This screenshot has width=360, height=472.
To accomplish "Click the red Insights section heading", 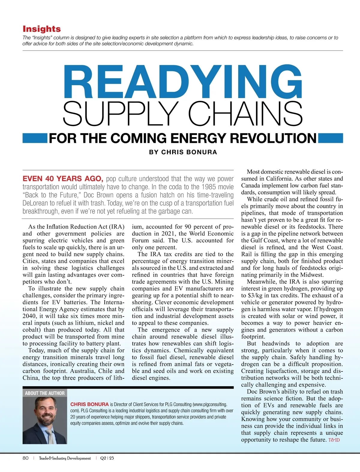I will click(42, 29).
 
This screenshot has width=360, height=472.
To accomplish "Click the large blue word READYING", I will click(182, 82).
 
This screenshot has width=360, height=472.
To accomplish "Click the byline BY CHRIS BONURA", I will click(183, 152).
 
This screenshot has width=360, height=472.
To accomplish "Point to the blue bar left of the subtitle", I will click(34, 138).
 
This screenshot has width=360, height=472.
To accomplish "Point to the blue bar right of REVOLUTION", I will click(330, 138).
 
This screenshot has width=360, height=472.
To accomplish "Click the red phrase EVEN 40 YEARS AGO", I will click(63, 179).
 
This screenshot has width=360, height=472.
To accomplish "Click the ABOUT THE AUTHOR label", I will click(45, 393).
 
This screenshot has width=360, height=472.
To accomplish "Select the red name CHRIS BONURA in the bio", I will click(89, 404).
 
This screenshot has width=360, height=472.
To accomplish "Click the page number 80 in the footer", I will click(25, 458).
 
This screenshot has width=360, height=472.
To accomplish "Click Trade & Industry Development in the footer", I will click(65, 458).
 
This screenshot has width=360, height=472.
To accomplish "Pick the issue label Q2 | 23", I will click(107, 458).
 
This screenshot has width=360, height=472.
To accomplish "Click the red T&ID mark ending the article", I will click(334, 440).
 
